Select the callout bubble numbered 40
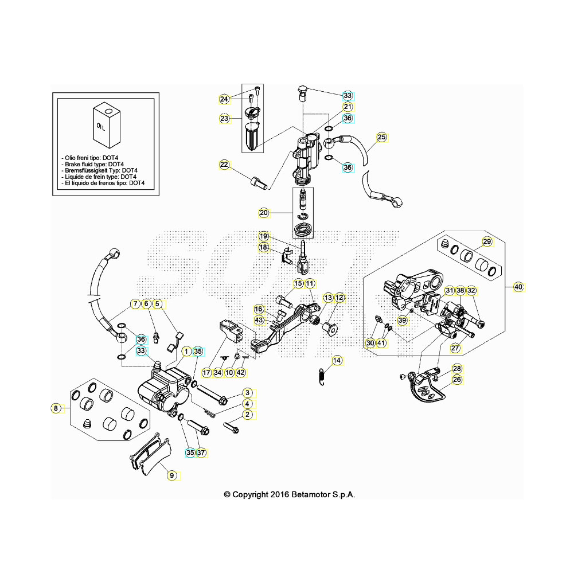518,287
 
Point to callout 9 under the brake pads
170,475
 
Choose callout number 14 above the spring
337,360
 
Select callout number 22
224,165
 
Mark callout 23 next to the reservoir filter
224,119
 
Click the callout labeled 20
264,213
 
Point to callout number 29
486,241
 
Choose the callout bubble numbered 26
457,379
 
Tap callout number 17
206,373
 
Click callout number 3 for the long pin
247,393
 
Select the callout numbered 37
201,452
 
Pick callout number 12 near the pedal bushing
339,298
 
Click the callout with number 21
348,107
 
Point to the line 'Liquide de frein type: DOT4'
102,177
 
